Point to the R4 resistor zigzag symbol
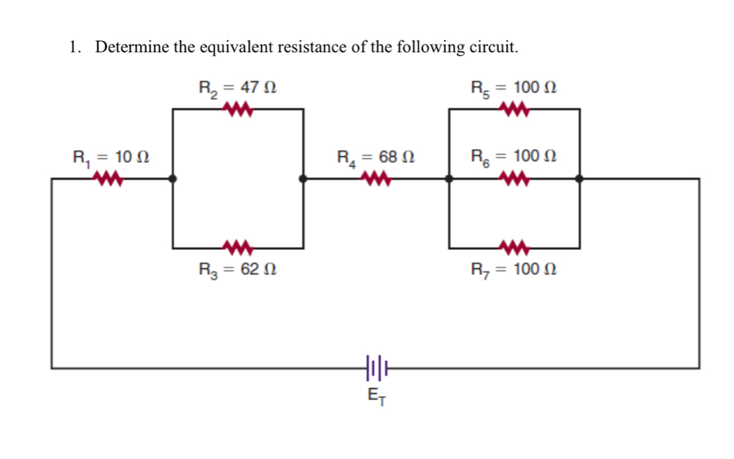pos(375,180)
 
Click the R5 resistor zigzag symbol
pos(515,109)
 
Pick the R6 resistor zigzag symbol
pos(515,180)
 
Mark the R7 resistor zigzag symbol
pos(515,247)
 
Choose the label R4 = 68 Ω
pos(376,157)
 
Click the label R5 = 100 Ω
pos(513,88)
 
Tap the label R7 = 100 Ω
pos(513,269)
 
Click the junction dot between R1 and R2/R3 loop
pos(172,178)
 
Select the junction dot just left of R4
pos(303,178)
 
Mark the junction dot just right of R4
pos(449,178)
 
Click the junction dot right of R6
pos(579,178)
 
